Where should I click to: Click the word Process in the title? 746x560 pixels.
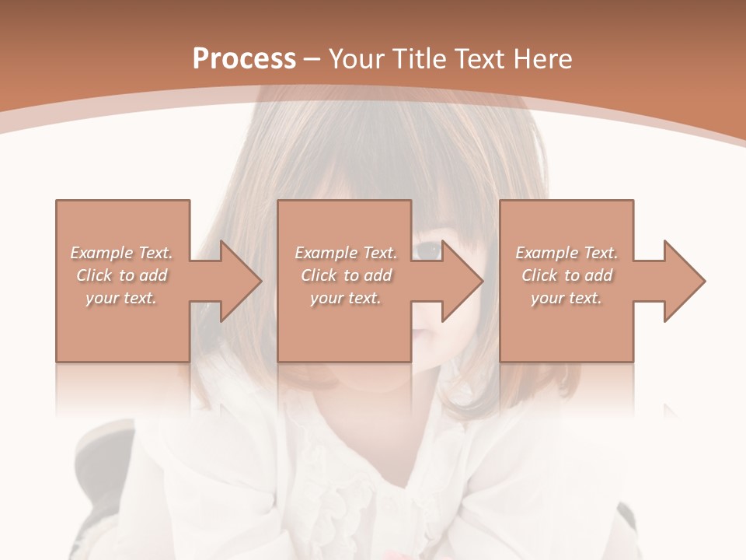(x=244, y=59)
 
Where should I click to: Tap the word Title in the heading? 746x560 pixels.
(x=422, y=59)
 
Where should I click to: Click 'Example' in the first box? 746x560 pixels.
(x=101, y=253)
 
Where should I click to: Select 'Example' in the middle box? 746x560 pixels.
(x=325, y=253)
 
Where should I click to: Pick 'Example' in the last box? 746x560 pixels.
(x=546, y=253)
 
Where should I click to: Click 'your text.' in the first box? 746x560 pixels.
(x=121, y=298)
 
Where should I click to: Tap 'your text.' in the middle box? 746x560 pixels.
(x=345, y=298)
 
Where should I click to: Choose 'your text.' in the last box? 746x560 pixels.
(x=566, y=298)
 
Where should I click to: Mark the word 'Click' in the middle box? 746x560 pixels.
(x=318, y=275)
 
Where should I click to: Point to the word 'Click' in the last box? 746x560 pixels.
(x=539, y=275)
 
